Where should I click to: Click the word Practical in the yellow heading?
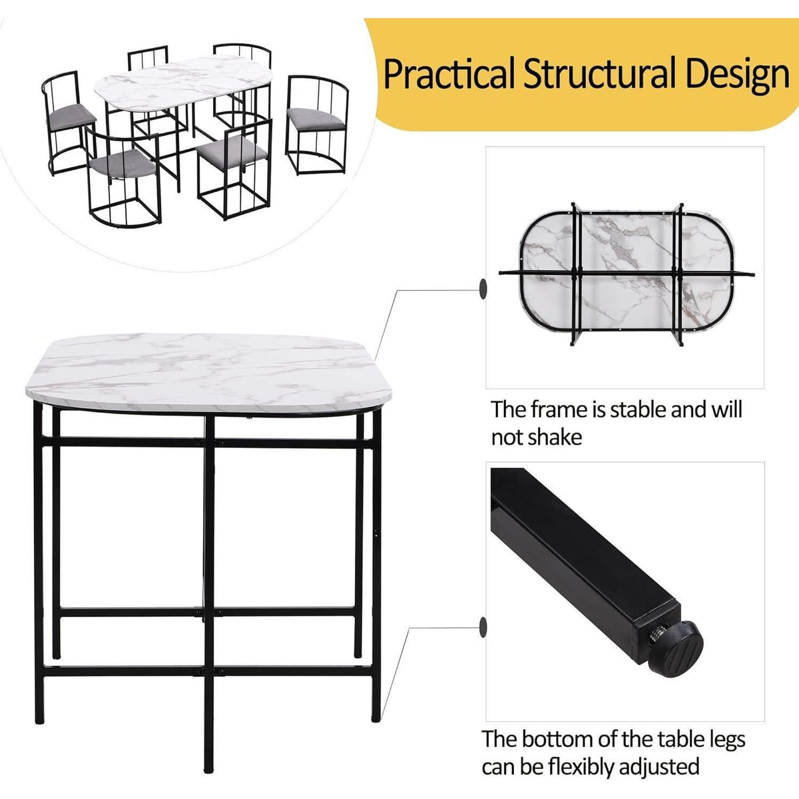pos(449,75)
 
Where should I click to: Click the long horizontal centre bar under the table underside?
pos(626,273)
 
